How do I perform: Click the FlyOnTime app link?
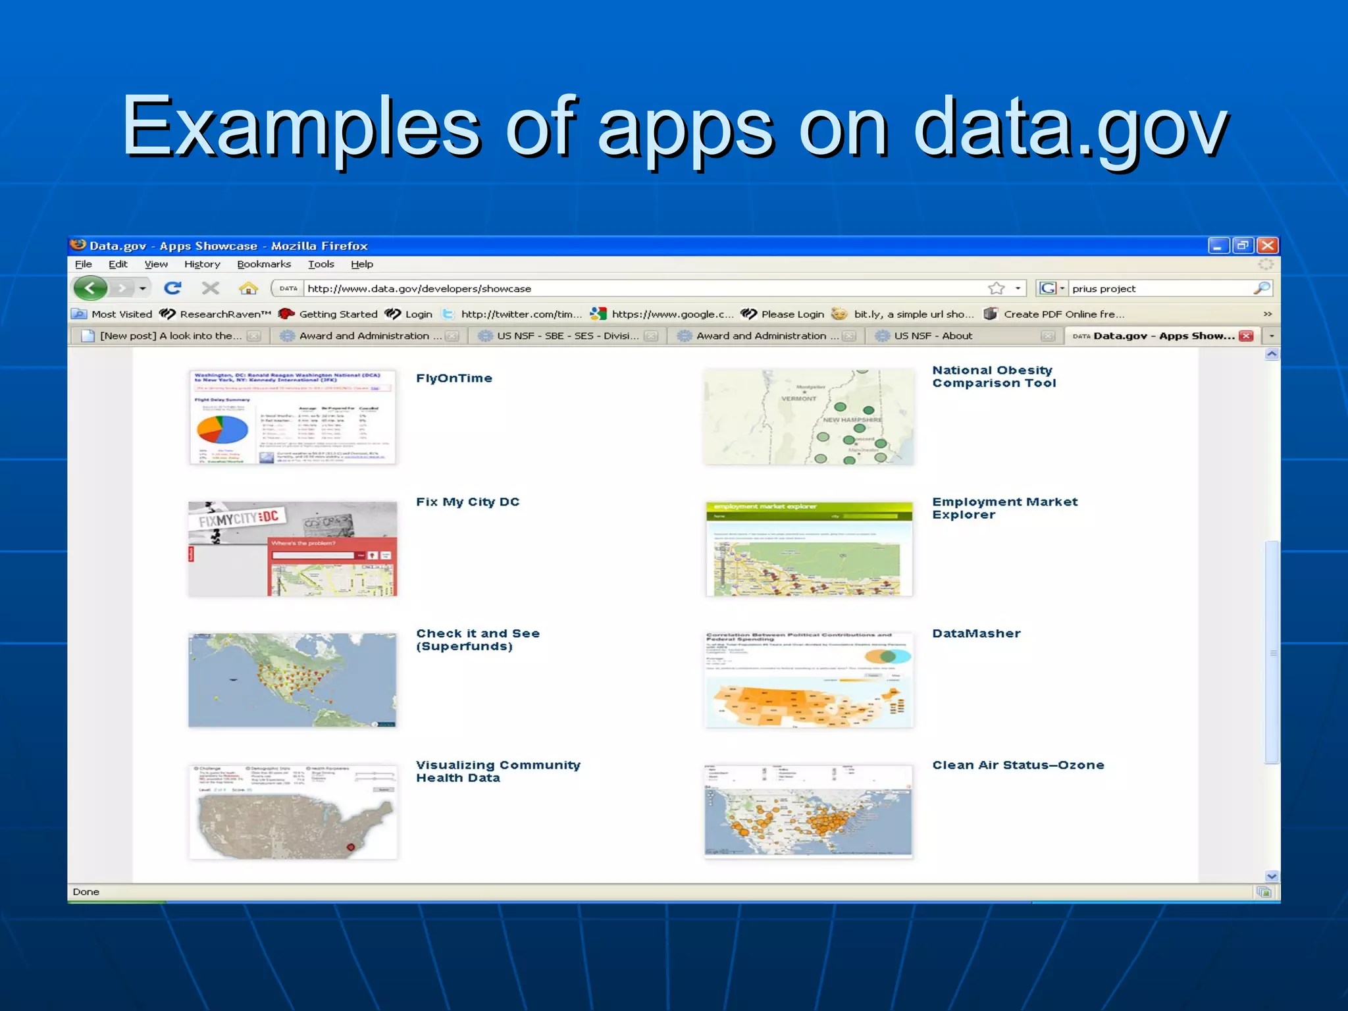click(454, 378)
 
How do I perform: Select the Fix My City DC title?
click(467, 502)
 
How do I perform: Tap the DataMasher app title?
click(976, 634)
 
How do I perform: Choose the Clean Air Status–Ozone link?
click(1018, 765)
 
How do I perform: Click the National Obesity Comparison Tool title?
click(993, 377)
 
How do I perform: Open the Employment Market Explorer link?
click(1004, 508)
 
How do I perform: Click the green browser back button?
click(91, 288)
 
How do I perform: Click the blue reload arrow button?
click(172, 288)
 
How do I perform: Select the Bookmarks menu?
click(263, 265)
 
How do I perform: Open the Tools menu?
click(321, 265)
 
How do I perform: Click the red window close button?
click(1267, 246)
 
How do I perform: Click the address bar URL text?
click(419, 289)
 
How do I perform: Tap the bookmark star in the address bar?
click(996, 289)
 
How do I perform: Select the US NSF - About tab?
click(933, 336)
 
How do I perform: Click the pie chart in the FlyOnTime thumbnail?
click(222, 430)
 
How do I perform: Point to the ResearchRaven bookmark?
click(224, 315)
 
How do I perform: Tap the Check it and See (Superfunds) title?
click(477, 640)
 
